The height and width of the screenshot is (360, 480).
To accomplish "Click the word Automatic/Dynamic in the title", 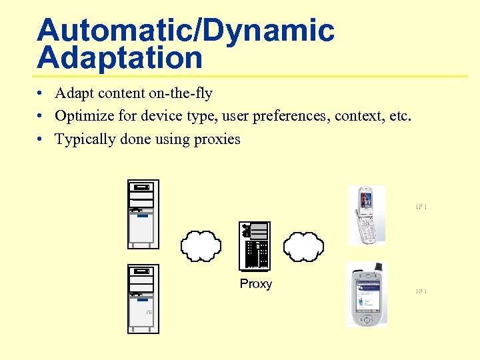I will [x=185, y=31].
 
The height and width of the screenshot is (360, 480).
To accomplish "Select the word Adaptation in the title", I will [x=120, y=58].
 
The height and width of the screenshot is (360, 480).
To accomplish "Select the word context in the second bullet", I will [x=359, y=117].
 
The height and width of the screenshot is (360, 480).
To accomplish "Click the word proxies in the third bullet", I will [x=217, y=139].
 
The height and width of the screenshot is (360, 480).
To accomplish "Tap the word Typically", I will [x=85, y=139].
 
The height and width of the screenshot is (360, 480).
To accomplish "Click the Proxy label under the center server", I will [x=256, y=284].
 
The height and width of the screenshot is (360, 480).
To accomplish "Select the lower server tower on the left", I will [x=143, y=299].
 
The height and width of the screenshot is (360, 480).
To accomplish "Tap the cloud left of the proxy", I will [x=200, y=245].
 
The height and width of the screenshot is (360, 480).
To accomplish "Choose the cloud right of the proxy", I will [x=304, y=245].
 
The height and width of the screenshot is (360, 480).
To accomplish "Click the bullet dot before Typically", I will [x=41, y=139].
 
